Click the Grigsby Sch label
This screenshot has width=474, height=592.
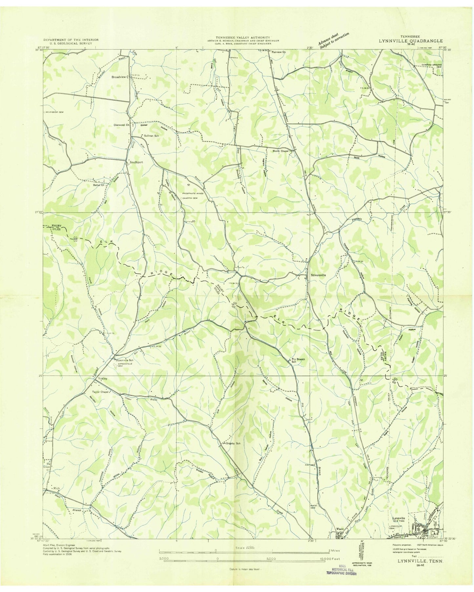point(233,444)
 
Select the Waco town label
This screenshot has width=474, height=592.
point(340,529)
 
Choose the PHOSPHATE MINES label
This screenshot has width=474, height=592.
point(189,193)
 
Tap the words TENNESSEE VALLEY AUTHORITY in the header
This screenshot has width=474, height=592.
point(243,37)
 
